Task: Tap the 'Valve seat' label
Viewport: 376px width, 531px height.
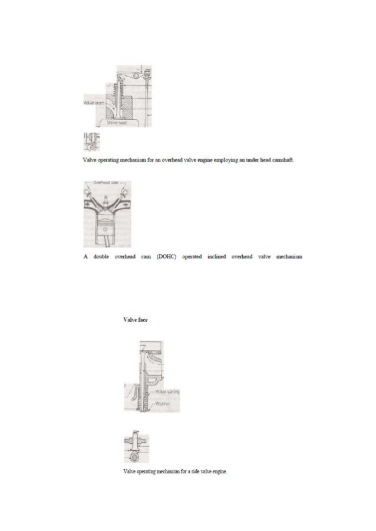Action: click(x=118, y=124)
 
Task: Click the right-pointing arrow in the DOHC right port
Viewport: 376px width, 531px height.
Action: click(x=124, y=207)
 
